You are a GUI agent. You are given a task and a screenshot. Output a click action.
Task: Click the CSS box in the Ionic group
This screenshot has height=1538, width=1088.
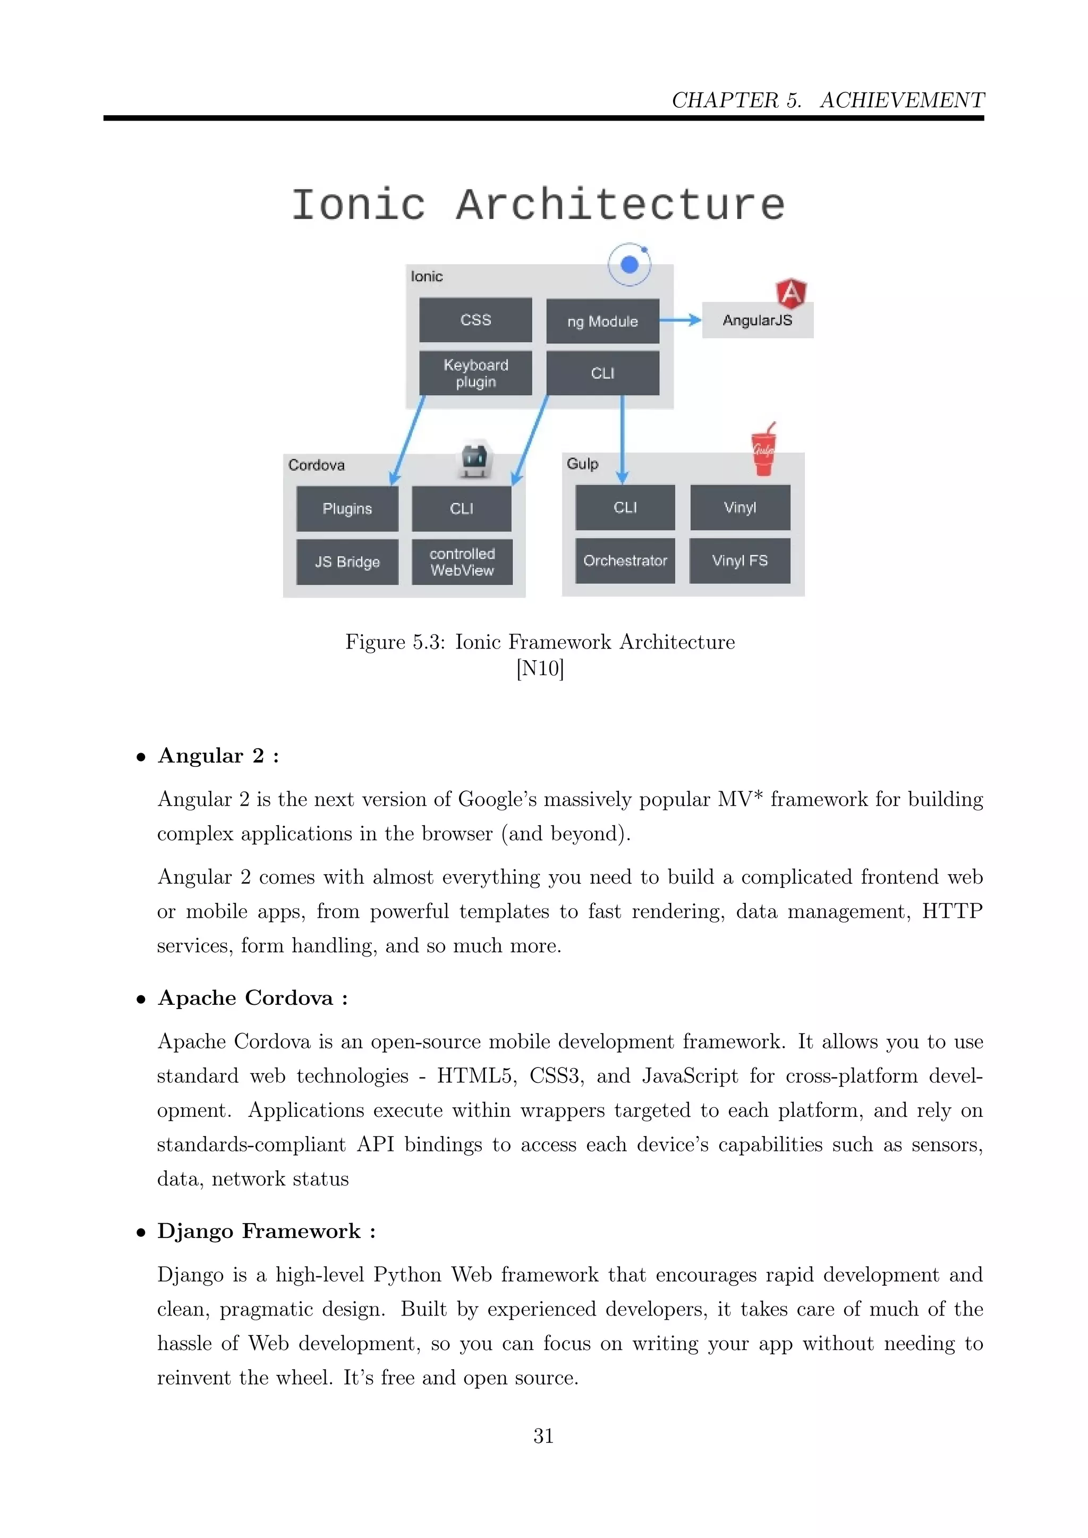[475, 320]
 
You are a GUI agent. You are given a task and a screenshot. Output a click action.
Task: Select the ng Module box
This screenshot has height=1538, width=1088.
[602, 321]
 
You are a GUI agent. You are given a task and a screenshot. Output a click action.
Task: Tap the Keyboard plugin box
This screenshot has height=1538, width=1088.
[475, 373]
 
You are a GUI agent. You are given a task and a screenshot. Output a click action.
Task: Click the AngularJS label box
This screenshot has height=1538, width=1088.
[757, 321]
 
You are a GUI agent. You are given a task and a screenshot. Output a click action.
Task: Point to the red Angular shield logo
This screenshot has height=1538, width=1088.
[790, 293]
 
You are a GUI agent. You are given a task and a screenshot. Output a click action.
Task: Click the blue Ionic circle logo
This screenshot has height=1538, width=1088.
[629, 264]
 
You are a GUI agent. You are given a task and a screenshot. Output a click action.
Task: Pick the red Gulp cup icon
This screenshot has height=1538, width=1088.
[763, 451]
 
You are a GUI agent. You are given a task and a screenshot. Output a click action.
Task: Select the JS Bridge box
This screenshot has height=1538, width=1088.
[347, 561]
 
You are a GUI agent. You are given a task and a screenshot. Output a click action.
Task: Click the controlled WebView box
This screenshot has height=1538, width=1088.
[462, 561]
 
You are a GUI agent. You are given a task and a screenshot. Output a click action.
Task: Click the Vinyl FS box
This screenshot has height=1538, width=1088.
[739, 560]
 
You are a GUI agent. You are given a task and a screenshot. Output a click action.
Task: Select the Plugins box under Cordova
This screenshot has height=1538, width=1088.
[347, 508]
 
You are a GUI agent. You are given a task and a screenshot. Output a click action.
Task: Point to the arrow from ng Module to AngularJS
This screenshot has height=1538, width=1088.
[680, 320]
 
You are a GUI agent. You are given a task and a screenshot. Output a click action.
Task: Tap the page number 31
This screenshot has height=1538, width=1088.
[543, 1436]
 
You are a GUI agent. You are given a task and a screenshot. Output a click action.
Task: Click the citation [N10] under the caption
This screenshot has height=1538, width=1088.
[540, 668]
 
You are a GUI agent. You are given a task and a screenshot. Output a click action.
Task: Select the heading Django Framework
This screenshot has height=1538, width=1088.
[259, 1231]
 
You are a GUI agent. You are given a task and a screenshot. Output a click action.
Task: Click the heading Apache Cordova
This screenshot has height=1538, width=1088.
[245, 998]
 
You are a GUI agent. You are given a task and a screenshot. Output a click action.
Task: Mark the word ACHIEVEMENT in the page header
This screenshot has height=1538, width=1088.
[902, 100]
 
